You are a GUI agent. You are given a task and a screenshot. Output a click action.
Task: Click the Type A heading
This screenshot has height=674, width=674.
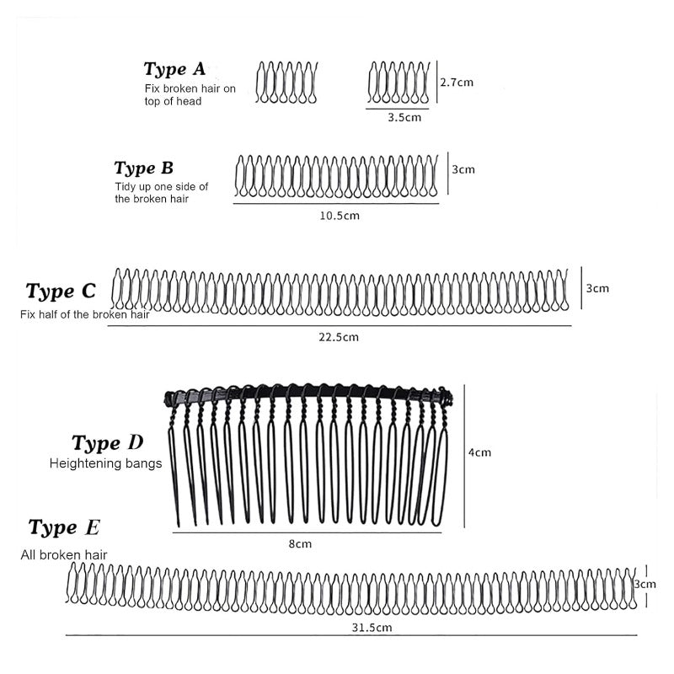point(174,69)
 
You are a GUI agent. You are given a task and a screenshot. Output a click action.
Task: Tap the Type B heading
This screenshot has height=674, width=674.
point(143,168)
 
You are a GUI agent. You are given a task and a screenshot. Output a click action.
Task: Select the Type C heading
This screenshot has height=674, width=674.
point(60,291)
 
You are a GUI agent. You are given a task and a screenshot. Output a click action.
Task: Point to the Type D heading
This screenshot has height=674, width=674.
point(108,443)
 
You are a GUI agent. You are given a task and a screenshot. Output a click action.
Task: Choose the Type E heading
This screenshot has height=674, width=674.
point(64,527)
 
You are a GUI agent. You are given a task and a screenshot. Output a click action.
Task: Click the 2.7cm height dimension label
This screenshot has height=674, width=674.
point(457,82)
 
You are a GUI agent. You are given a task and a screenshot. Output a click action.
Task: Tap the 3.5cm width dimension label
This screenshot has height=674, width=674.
point(404,117)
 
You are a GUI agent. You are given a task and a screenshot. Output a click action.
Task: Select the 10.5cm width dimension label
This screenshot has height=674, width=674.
point(340,216)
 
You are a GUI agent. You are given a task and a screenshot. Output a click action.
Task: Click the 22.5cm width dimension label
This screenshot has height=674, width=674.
point(339,337)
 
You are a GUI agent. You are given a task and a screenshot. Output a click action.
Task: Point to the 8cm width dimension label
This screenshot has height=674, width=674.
point(300,543)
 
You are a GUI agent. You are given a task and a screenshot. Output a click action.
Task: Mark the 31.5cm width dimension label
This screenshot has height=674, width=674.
point(372,628)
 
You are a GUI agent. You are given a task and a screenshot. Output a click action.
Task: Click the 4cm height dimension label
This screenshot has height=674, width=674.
point(479,452)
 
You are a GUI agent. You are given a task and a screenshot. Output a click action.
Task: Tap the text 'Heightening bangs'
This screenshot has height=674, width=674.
point(106,463)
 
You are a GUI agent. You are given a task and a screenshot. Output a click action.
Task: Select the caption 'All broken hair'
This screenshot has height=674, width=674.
point(64,555)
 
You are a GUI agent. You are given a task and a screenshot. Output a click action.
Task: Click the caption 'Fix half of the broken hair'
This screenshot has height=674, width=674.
point(85,314)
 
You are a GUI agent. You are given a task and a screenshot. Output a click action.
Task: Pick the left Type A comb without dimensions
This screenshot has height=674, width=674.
point(286,83)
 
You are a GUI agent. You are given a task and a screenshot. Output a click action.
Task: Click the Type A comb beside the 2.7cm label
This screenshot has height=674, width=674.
point(399,83)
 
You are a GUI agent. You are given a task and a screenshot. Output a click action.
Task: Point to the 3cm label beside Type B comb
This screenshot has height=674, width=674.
point(463,169)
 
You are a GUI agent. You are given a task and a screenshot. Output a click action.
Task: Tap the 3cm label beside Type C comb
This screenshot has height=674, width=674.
point(597,288)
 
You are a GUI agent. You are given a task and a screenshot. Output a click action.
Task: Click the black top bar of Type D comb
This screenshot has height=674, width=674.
point(308,392)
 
